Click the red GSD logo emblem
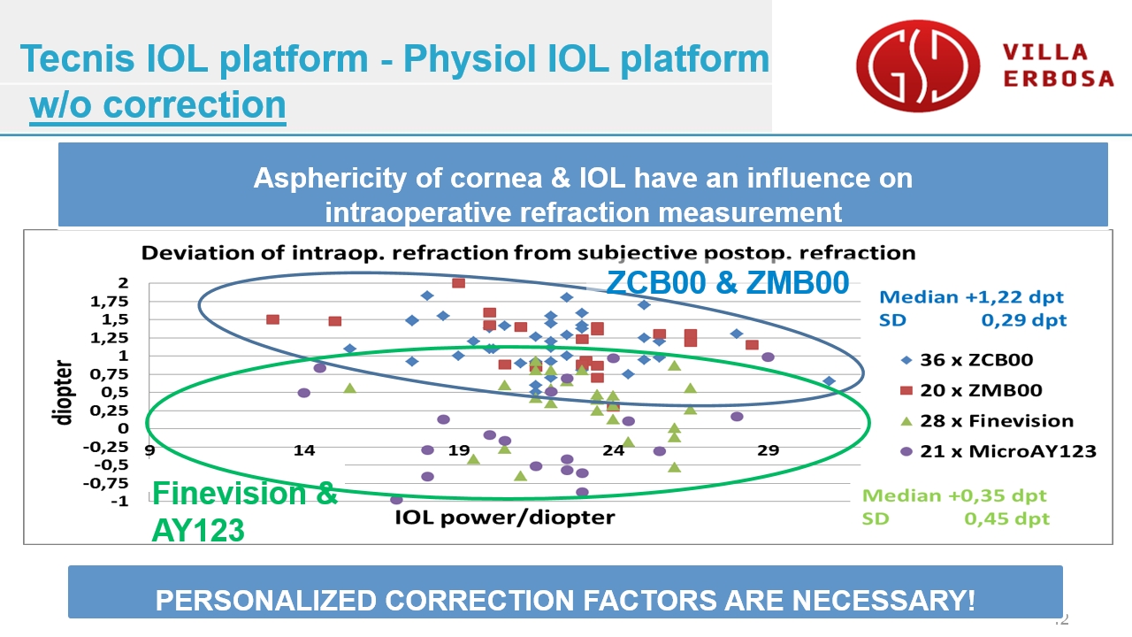click(918, 65)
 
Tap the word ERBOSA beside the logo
click(1059, 79)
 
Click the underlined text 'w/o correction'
click(157, 105)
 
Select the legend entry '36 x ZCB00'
click(968, 360)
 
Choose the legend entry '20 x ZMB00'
click(971, 390)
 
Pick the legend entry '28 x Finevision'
click(987, 421)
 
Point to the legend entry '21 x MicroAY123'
click(998, 451)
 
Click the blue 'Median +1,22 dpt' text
click(971, 296)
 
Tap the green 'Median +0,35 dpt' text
click(954, 495)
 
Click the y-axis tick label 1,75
click(109, 302)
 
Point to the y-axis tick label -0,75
click(105, 484)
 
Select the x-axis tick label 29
click(768, 450)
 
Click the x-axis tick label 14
click(303, 450)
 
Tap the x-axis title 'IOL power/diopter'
click(504, 518)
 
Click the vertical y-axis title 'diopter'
click(62, 393)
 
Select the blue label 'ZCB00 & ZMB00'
click(728, 282)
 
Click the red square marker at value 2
click(458, 282)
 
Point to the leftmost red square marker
click(273, 319)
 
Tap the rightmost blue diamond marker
click(830, 381)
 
